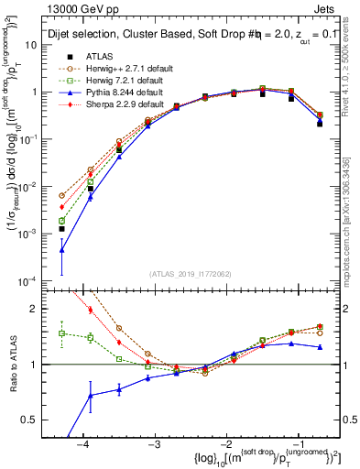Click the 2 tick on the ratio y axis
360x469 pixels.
pos(41,309)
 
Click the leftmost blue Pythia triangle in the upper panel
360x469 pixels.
pos(62,249)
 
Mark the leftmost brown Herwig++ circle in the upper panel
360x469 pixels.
pos(62,195)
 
